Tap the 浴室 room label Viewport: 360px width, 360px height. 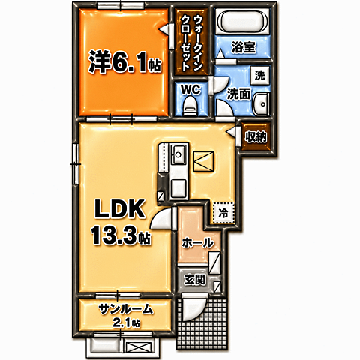[244, 47]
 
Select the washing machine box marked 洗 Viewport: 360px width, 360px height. [260, 75]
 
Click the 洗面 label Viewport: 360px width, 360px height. [238, 94]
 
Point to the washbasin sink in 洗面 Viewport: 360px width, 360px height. [262, 103]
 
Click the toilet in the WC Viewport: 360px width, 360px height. [190, 107]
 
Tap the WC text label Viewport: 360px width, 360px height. [190, 89]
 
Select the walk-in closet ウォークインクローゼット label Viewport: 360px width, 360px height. [191, 43]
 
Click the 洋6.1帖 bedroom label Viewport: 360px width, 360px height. [124, 61]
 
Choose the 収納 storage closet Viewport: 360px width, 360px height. [256, 137]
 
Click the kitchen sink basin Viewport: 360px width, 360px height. [178, 154]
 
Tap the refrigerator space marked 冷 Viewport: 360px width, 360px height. [223, 213]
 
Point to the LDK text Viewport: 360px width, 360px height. [119, 208]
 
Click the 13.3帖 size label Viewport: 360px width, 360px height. [121, 235]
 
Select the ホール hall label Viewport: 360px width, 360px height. [198, 243]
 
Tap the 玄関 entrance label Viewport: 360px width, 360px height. [195, 280]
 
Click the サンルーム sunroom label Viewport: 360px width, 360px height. [125, 310]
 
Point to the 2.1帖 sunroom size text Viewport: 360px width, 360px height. [126, 323]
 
